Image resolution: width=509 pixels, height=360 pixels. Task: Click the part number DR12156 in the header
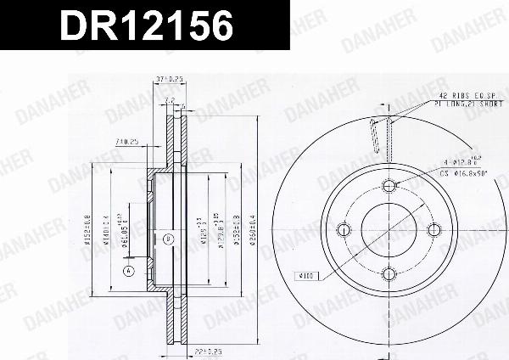[145, 26]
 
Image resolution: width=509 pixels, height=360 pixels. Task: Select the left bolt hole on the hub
[344, 229]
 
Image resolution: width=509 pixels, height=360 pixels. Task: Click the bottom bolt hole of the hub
[389, 273]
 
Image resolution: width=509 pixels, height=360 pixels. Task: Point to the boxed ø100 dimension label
[306, 275]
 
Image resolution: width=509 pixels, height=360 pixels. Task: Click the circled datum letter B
[168, 239]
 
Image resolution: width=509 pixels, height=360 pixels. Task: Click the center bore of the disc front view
[389, 229]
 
